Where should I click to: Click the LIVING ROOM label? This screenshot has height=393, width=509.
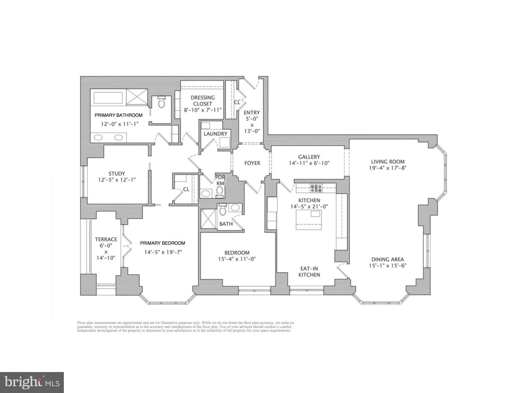click(x=387, y=162)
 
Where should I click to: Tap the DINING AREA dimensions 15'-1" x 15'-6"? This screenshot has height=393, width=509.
click(x=388, y=266)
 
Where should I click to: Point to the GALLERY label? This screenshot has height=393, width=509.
click(x=309, y=157)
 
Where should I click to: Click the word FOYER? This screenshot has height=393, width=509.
click(x=252, y=163)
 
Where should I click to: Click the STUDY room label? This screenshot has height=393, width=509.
click(x=117, y=174)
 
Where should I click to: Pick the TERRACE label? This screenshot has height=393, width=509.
click(x=106, y=239)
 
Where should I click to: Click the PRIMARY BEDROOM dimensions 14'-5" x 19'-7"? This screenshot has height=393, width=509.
click(x=163, y=252)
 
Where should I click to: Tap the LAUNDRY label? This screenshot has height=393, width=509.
click(x=215, y=134)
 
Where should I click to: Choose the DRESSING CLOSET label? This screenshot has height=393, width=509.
click(x=203, y=100)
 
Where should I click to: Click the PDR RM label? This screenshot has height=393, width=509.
click(x=220, y=180)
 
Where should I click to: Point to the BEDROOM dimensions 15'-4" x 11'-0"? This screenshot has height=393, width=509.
click(x=237, y=259)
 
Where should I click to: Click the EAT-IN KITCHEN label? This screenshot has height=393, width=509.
click(x=309, y=272)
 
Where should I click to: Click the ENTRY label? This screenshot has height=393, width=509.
click(x=252, y=113)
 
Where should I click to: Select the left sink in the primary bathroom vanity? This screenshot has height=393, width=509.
click(x=98, y=137)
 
